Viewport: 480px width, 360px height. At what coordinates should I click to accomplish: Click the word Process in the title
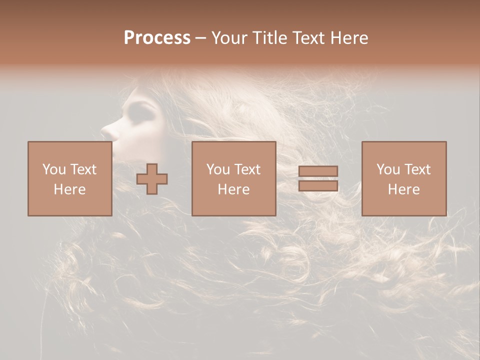[157, 38]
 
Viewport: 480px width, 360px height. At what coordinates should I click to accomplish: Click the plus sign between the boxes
[152, 179]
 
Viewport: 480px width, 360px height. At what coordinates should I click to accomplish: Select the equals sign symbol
[318, 178]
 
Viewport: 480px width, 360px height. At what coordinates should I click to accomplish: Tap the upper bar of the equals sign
[318, 171]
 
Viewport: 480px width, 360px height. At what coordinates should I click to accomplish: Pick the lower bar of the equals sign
[318, 186]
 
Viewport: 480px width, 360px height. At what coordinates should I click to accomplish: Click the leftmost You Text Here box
[69, 178]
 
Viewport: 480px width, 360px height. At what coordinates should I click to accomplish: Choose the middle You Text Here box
[233, 178]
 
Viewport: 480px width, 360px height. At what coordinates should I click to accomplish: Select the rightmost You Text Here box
[403, 178]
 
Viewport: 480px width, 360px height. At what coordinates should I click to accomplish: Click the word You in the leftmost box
[53, 169]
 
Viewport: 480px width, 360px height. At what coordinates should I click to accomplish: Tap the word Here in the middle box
[233, 189]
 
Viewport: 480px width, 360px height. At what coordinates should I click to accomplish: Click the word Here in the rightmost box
[403, 189]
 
